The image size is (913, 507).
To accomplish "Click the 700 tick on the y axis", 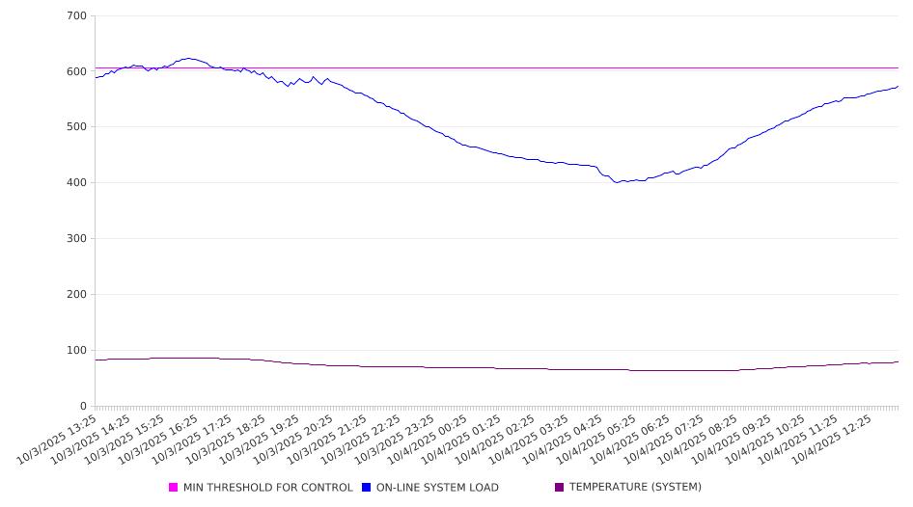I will pos(77,16).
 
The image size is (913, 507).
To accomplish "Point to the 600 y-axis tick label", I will pos(77,71).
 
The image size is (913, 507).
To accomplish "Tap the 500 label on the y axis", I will pos(77,127).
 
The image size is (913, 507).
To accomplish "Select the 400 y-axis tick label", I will pos(77,183).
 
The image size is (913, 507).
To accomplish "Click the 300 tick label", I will pos(77,239).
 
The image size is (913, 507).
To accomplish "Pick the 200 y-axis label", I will pos(77,295).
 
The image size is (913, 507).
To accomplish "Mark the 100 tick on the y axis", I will pos(77,351).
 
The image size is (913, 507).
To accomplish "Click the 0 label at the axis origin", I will pos(84,406).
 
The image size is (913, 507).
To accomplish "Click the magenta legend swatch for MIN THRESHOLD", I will pos(174,488).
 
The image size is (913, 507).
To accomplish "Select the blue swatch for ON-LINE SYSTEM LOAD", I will pos(367,488).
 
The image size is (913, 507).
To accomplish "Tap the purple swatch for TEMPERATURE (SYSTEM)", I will pos(560,488).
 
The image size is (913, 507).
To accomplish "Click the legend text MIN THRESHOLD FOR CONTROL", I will pos(268,488).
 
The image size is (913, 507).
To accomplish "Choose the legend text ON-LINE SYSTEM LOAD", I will pos(437,488).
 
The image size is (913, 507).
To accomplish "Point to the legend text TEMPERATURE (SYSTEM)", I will pos(635,488).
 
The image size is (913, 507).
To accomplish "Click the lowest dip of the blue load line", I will pos(617,182).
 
